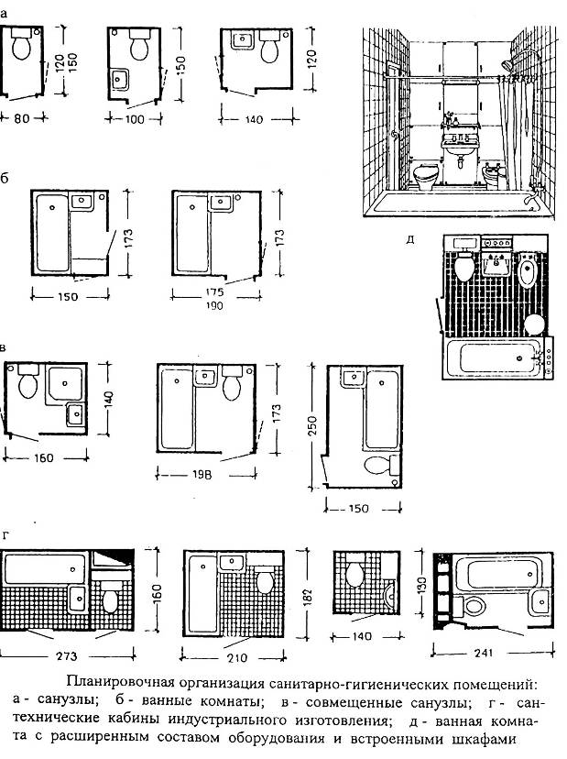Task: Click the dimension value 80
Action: (x=21, y=118)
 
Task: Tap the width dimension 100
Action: (x=135, y=119)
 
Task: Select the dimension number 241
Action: (x=484, y=653)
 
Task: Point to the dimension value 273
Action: (x=66, y=656)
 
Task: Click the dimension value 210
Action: (x=237, y=658)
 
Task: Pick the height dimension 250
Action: (x=313, y=426)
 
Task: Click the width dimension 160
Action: (x=44, y=458)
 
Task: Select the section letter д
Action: (x=410, y=239)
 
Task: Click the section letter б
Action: (x=5, y=178)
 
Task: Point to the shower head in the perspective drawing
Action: (x=506, y=64)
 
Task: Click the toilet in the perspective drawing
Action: (x=426, y=177)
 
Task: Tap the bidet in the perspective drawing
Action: (x=494, y=176)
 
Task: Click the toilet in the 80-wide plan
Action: (x=21, y=44)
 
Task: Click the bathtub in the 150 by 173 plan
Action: (x=52, y=233)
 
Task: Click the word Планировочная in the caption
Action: (x=119, y=684)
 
